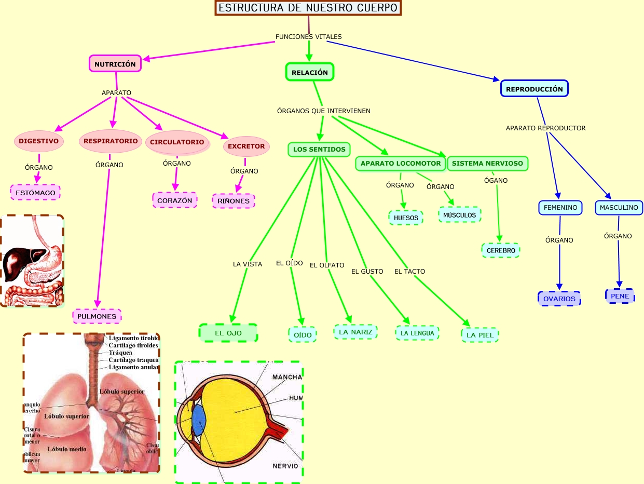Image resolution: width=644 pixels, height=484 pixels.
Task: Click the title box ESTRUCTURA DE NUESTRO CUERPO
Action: point(308,8)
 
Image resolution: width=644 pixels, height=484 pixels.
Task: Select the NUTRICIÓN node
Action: point(115,64)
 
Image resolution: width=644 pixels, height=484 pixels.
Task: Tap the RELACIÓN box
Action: point(309,72)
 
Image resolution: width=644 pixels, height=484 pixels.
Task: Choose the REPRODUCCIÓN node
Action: point(534,89)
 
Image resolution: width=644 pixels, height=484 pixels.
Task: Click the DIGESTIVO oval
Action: point(38,141)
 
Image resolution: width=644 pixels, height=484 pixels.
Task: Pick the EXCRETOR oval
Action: point(246,146)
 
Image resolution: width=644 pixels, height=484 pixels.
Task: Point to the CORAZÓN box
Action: point(174,200)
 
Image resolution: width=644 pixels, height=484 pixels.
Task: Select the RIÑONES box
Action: point(233,200)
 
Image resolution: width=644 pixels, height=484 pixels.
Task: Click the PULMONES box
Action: point(97,316)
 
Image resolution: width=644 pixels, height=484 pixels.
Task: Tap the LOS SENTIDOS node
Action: point(319,150)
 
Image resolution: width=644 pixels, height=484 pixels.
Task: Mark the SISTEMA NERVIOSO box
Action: point(487,163)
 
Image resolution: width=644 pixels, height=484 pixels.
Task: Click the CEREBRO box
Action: point(501,250)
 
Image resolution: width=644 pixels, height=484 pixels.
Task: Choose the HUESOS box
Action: point(406,218)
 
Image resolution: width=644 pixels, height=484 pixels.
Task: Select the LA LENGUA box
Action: point(417,333)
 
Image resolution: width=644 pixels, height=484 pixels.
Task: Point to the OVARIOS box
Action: point(559,299)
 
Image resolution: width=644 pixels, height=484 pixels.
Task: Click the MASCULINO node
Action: point(619,208)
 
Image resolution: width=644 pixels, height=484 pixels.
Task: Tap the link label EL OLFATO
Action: point(327,265)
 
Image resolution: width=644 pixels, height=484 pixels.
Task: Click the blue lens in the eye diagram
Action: point(199,420)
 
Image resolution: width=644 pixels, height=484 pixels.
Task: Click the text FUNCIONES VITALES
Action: point(308,37)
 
